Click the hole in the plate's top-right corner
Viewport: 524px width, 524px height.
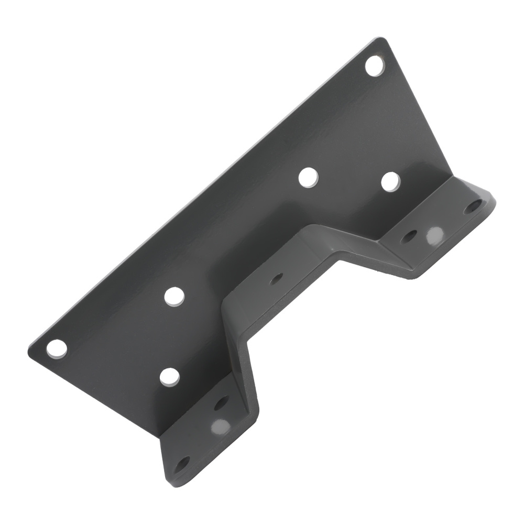pos(374,66)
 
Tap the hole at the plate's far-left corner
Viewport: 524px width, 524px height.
pos(57,348)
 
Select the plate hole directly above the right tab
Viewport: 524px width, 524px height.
pos(390,181)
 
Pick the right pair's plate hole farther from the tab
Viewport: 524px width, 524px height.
pos(308,177)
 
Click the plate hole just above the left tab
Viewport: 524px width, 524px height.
pos(169,377)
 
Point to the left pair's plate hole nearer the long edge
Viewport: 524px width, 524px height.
pos(174,296)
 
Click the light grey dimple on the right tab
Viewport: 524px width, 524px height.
pos(434,235)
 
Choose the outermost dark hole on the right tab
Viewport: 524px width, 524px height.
pos(473,205)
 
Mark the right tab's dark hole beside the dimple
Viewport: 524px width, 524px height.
pos(409,237)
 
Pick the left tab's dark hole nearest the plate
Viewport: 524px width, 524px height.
pos(221,402)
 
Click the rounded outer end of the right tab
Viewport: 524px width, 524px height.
pos(490,197)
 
